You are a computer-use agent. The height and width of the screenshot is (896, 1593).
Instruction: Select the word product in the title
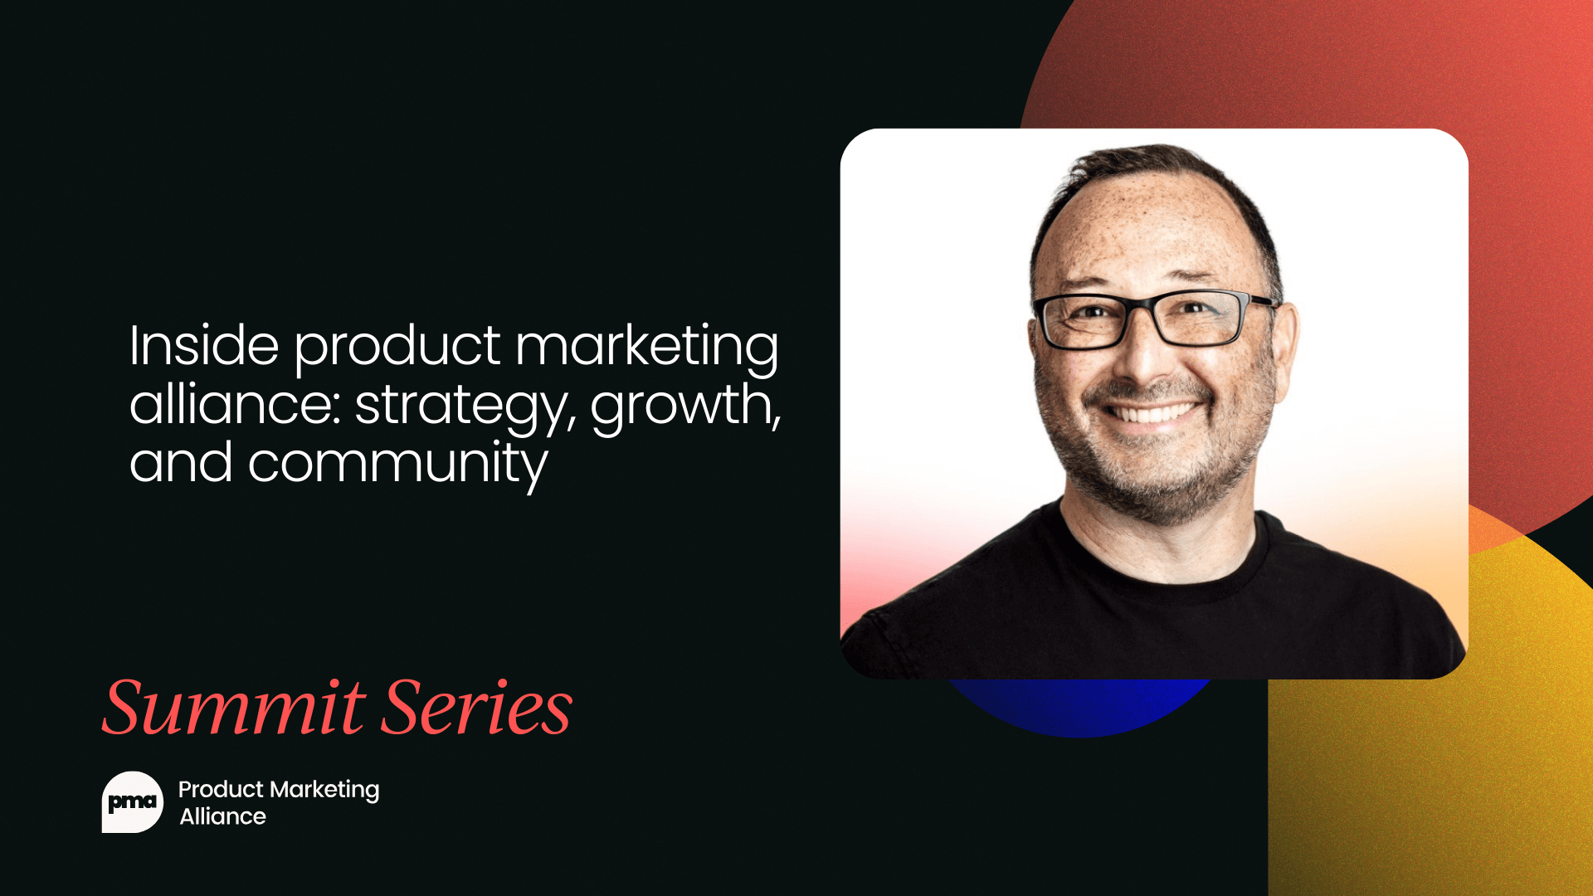397,347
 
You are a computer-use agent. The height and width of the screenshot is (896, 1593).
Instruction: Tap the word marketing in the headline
646,347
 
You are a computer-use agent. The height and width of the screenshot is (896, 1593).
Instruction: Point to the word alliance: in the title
235,404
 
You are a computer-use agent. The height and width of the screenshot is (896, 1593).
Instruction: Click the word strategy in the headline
461,407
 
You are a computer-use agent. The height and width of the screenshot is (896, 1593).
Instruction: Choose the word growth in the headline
682,407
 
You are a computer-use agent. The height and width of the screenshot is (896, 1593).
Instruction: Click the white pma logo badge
132,802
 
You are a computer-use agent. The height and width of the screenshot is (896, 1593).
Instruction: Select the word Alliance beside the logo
222,816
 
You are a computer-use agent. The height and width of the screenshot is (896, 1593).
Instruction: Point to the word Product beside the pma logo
221,789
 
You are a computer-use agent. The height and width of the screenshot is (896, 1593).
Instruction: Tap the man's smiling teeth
1153,411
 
